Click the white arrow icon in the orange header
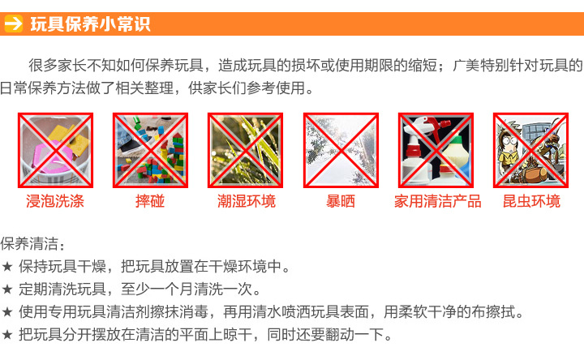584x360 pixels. tap(13, 24)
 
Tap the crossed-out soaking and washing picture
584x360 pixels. tap(56, 150)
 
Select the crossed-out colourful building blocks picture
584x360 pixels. tap(151, 150)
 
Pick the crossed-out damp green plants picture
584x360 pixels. tap(246, 150)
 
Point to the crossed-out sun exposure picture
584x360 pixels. tap(341, 150)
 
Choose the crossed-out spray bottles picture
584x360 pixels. tap(436, 150)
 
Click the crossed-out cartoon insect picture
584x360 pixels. tap(530, 150)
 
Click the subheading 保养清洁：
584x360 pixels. tap(34, 243)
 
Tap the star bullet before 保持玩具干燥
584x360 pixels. tap(7, 266)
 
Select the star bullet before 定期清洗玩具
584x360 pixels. tap(7, 289)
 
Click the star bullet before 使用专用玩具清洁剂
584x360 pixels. tap(7, 311)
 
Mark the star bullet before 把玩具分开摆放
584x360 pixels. tap(7, 334)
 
